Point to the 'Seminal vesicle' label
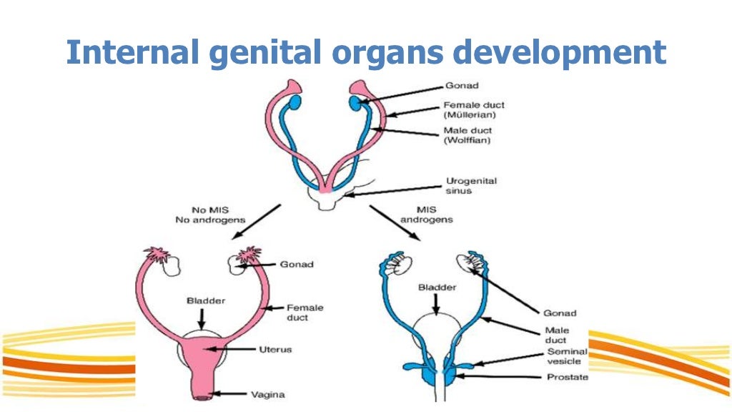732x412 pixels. (567, 356)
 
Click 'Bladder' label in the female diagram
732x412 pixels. (204, 301)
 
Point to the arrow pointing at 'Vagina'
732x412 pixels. (236, 392)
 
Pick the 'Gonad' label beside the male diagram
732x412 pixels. (560, 313)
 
